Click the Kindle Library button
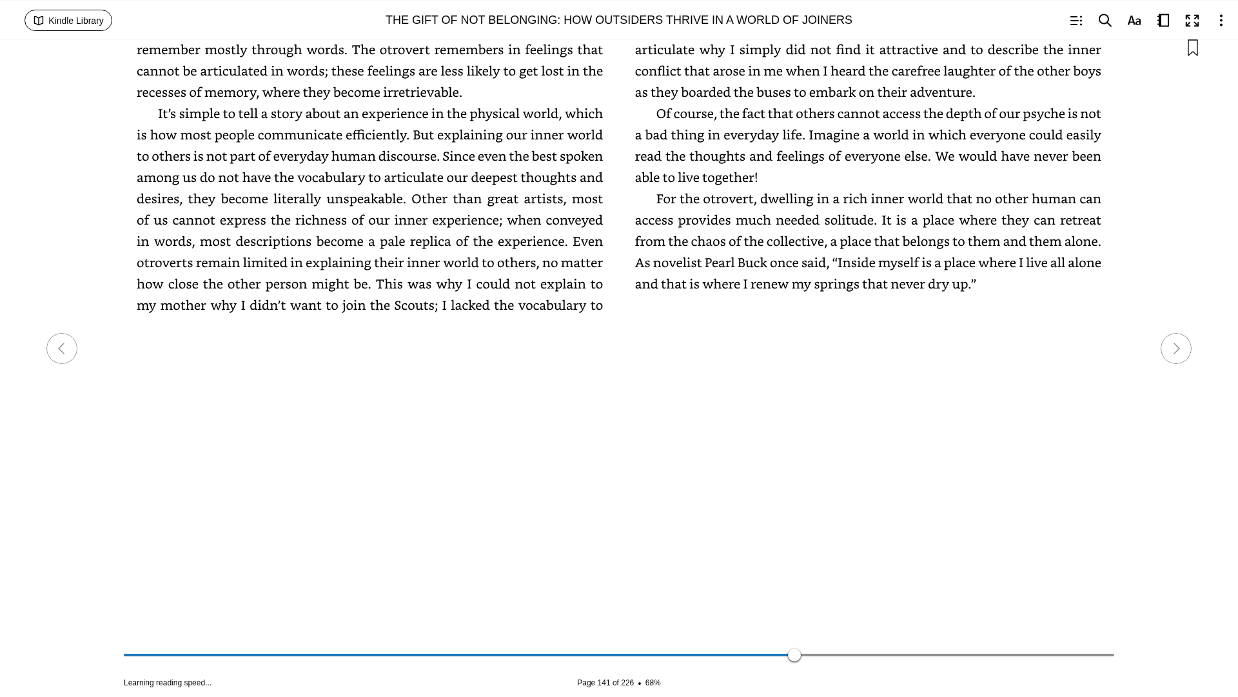68,21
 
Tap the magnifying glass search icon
1105,21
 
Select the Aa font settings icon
1134,21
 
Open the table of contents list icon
1076,21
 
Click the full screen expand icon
1192,21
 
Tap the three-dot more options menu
1221,21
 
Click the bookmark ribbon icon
1193,48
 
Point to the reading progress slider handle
794,655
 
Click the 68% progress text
653,683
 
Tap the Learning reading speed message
168,683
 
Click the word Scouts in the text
414,305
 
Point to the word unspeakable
365,199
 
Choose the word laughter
968,71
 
